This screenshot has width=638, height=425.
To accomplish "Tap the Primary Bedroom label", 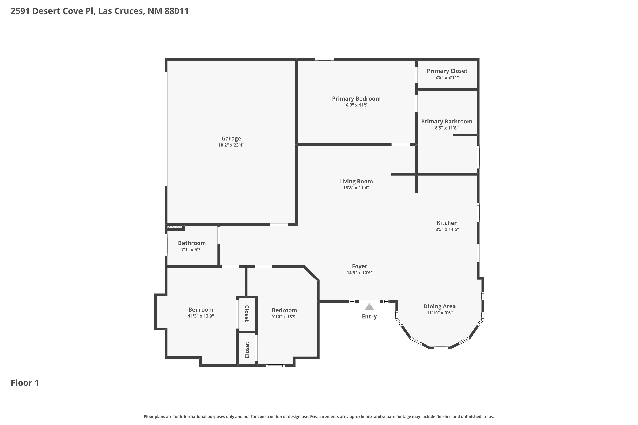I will pos(356,99).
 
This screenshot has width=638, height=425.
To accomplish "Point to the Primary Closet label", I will pos(447,71).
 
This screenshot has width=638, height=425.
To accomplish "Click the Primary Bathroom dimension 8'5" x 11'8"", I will pos(446,128).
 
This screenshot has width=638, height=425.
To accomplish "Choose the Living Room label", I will pos(356,181).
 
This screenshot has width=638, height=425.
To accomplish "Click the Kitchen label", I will pos(447,223).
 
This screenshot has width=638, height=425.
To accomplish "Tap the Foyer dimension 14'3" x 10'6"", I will pos(359,273).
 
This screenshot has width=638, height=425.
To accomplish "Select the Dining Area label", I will pos(439,306).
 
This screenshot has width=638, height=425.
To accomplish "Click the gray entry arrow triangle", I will pos(369,307).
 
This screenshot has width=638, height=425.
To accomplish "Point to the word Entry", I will pos(369,316).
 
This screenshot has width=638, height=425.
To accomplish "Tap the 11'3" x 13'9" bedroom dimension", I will pos(201,316).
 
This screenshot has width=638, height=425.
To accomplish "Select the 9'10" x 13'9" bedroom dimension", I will pos(284,317).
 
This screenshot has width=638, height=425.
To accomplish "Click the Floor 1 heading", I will pos(25,383).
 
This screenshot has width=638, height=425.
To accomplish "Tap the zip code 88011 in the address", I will pos(176,11).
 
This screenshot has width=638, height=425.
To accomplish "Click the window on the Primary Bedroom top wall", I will pos(324,59).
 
